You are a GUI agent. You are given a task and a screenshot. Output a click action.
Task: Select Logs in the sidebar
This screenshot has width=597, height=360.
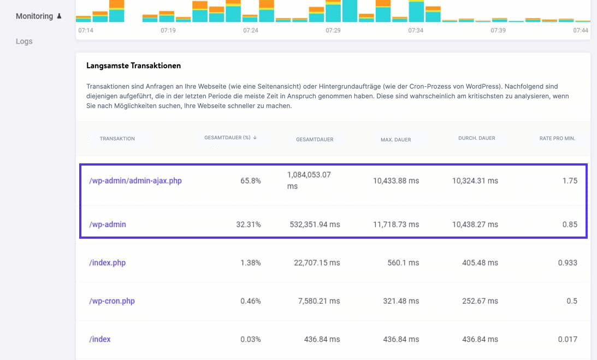click(x=24, y=41)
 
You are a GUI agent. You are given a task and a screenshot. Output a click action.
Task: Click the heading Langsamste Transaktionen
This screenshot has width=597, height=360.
click(x=133, y=66)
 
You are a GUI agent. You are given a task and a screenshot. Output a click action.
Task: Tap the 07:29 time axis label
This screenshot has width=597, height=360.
click(x=333, y=31)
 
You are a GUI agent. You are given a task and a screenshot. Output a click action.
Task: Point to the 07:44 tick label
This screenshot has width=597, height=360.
click(x=580, y=31)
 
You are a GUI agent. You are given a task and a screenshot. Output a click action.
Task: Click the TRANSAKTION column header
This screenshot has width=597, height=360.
click(x=117, y=139)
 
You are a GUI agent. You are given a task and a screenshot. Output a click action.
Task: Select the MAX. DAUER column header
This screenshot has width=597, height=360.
click(x=395, y=139)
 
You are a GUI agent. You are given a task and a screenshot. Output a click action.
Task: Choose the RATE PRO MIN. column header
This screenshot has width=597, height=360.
click(x=557, y=138)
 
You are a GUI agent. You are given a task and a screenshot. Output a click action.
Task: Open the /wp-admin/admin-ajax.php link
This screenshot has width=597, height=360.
click(x=135, y=181)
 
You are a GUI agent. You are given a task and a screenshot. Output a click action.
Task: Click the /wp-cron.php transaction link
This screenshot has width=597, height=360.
click(x=111, y=301)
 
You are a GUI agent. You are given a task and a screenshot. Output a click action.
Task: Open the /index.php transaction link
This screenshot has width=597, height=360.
click(x=107, y=263)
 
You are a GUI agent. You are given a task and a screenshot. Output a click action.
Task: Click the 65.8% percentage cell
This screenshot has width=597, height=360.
click(x=250, y=181)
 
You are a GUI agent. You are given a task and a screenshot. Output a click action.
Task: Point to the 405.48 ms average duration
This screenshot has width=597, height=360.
click(x=475, y=263)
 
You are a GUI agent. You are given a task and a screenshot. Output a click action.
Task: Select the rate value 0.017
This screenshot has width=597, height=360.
click(x=567, y=339)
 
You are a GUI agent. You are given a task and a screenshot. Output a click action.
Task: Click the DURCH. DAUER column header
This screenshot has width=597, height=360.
click(x=476, y=138)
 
